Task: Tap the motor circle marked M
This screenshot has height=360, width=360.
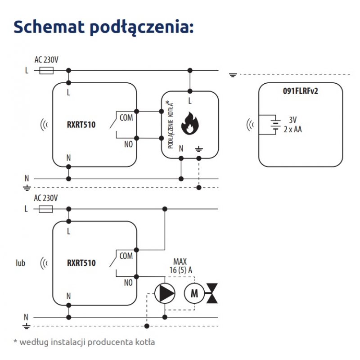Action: tap(194, 294)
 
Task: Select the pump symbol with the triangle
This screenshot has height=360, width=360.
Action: tap(165, 294)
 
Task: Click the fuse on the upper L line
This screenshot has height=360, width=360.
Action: tap(47, 70)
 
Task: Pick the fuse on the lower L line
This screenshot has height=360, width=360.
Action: tap(47, 209)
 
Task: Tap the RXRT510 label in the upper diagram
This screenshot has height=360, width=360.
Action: tap(81, 124)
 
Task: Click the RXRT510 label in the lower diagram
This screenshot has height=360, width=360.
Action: tap(81, 263)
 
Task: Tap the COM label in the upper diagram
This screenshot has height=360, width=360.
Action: tap(126, 117)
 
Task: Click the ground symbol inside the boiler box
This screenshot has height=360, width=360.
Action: tap(198, 148)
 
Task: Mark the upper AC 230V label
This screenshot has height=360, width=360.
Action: tap(46, 59)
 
